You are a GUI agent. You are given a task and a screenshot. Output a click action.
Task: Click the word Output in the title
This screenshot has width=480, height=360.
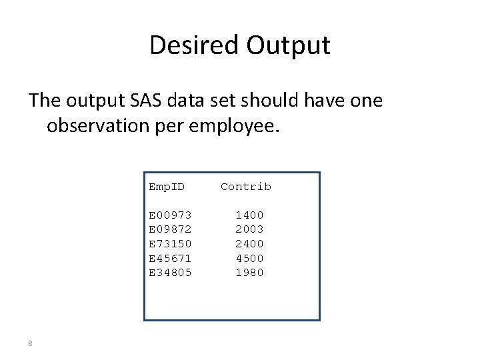coord(288,45)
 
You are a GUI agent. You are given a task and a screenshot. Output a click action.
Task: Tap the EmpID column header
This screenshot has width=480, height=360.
coord(167,187)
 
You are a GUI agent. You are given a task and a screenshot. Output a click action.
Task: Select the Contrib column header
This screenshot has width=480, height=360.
coord(246,187)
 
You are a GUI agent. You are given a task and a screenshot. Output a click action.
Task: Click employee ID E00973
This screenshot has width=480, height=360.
coord(170,215)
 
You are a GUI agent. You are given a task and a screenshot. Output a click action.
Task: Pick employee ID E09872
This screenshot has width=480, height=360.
coord(170,229)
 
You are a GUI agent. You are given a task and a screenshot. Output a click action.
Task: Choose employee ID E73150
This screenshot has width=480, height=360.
coord(170,243)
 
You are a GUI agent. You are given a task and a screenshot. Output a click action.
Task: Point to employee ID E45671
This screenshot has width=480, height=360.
coord(170,258)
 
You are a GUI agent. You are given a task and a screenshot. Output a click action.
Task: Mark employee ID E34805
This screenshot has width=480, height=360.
coord(170,272)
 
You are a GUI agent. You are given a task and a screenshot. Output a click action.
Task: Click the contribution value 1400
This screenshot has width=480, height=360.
coord(249,215)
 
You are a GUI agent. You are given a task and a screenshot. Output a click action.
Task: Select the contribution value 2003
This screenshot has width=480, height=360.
coord(249,229)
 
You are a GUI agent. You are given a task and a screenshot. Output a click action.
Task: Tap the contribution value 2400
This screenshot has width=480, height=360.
coord(249,243)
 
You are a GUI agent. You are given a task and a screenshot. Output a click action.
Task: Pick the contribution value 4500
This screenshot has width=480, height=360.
coord(249,258)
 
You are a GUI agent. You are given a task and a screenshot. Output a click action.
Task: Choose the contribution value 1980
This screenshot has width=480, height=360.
coord(249,272)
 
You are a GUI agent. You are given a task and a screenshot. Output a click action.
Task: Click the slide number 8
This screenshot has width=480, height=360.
coord(30,343)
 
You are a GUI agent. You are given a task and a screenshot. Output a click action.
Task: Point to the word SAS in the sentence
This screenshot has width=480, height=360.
coord(139,101)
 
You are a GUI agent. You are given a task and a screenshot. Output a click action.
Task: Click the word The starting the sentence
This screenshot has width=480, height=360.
coord(45,101)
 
